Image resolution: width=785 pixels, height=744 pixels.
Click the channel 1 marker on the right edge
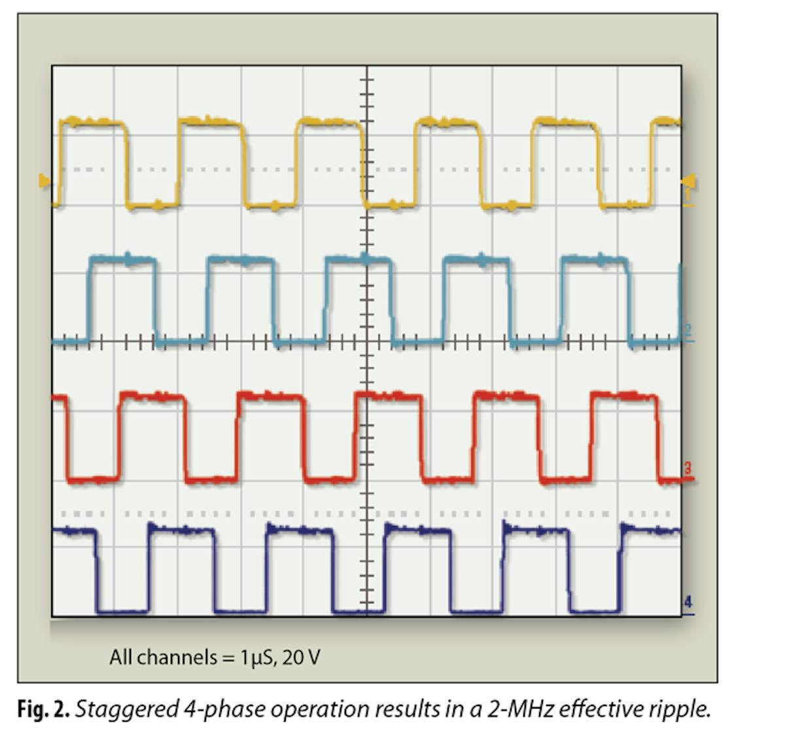(688, 196)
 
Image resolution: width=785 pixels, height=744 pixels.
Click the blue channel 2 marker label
(688, 331)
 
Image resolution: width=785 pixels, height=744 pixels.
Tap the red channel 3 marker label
(688, 469)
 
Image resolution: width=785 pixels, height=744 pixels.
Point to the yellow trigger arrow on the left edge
(44, 181)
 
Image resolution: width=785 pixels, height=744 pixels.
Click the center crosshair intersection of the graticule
(367, 341)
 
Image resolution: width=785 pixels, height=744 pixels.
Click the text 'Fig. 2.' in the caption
(43, 709)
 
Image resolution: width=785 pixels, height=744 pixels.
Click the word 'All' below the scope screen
(121, 656)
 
